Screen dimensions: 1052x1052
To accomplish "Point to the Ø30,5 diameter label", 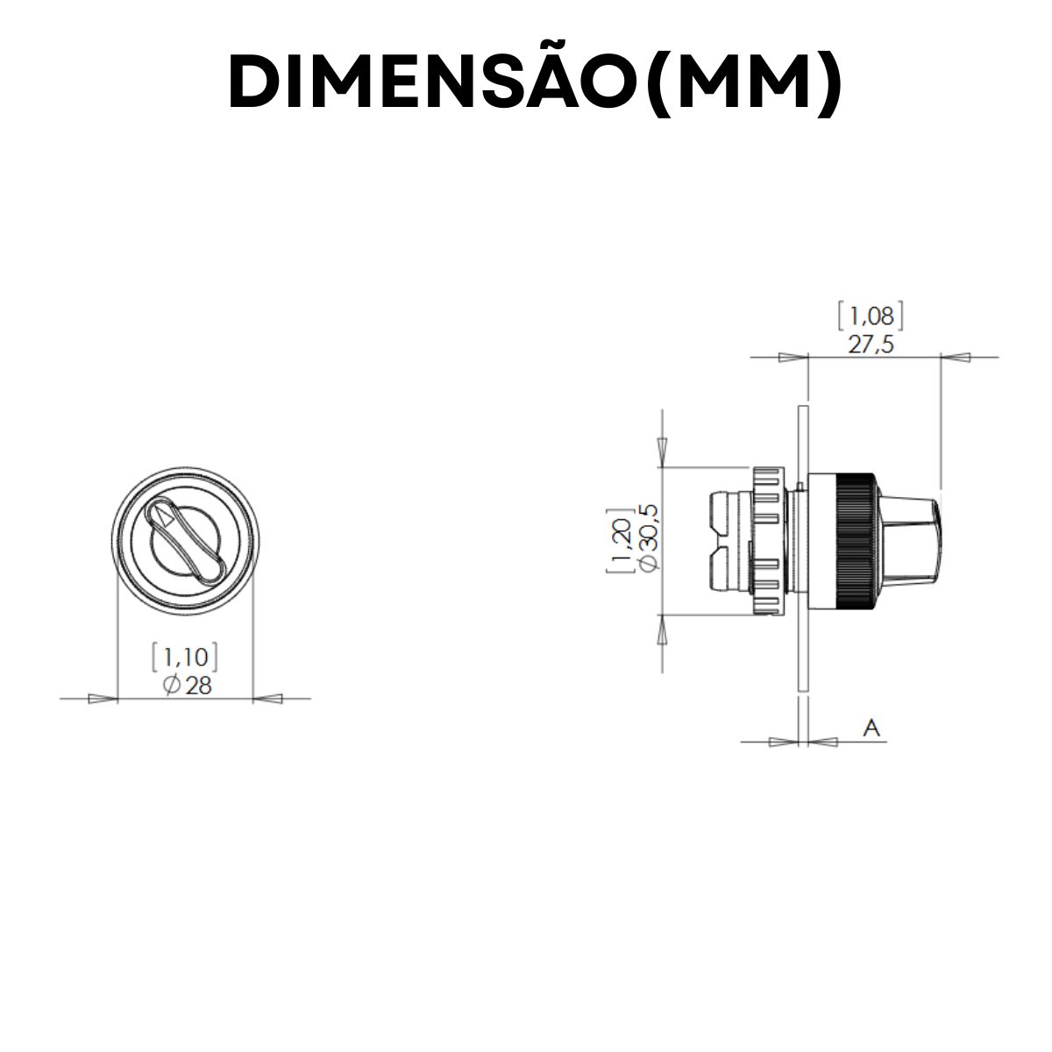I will tap(650, 539).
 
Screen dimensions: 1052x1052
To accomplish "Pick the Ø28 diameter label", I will tap(187, 685).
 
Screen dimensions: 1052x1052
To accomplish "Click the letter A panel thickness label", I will tap(871, 727).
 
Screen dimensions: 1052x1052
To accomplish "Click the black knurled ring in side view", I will tap(856, 541).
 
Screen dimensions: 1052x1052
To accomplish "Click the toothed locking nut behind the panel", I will tap(766, 541).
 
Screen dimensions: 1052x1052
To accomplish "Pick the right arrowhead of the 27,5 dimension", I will tap(955, 358).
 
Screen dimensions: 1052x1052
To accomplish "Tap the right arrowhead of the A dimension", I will tap(822, 743).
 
